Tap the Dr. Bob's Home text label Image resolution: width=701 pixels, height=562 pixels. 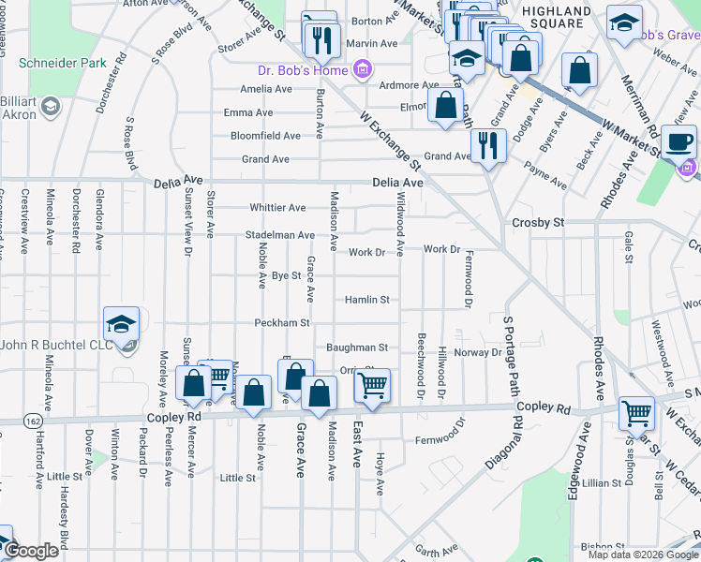point(302,69)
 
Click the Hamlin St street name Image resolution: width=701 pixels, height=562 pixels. point(366,300)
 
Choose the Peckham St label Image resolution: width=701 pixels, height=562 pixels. point(281,323)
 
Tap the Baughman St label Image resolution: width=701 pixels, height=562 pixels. point(357,347)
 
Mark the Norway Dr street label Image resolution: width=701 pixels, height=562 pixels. point(479,352)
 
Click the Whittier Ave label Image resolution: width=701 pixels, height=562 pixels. point(277,207)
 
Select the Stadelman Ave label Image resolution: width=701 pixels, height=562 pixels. point(279,234)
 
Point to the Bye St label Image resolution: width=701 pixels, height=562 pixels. point(286,275)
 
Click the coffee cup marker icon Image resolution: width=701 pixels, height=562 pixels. point(679,142)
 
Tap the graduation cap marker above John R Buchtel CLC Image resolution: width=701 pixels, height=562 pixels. point(122,324)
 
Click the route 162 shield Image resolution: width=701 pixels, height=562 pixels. point(33,418)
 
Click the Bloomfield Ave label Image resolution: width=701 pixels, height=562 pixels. point(265,136)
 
